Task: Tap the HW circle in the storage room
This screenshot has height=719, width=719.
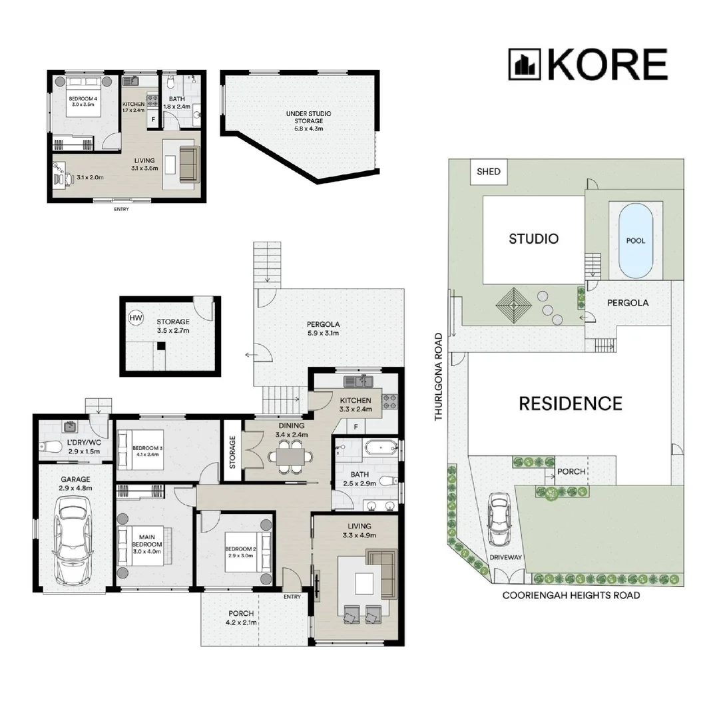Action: coord(136,318)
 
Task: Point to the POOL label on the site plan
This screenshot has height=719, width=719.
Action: coord(636,241)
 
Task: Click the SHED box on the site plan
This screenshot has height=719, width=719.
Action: coord(489,172)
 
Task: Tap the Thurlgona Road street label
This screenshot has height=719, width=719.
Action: coord(439,376)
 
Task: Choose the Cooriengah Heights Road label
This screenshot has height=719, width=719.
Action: coord(571,595)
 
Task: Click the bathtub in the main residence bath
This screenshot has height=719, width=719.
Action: coord(380,447)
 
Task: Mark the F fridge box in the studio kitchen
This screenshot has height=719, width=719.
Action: coord(153,120)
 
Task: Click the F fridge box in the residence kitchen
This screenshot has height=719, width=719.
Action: coord(356,427)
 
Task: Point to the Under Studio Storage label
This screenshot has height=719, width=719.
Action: coord(309,121)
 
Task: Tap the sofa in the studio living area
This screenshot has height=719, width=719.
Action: coord(189,164)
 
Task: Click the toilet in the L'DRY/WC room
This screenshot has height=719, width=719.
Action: coord(51,446)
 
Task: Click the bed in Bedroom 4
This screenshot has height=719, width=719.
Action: coord(83,97)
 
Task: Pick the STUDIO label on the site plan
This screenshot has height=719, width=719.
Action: coord(534,238)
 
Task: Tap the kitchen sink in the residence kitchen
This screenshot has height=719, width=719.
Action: coord(359,381)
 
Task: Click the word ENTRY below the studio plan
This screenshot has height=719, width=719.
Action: coord(122,209)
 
